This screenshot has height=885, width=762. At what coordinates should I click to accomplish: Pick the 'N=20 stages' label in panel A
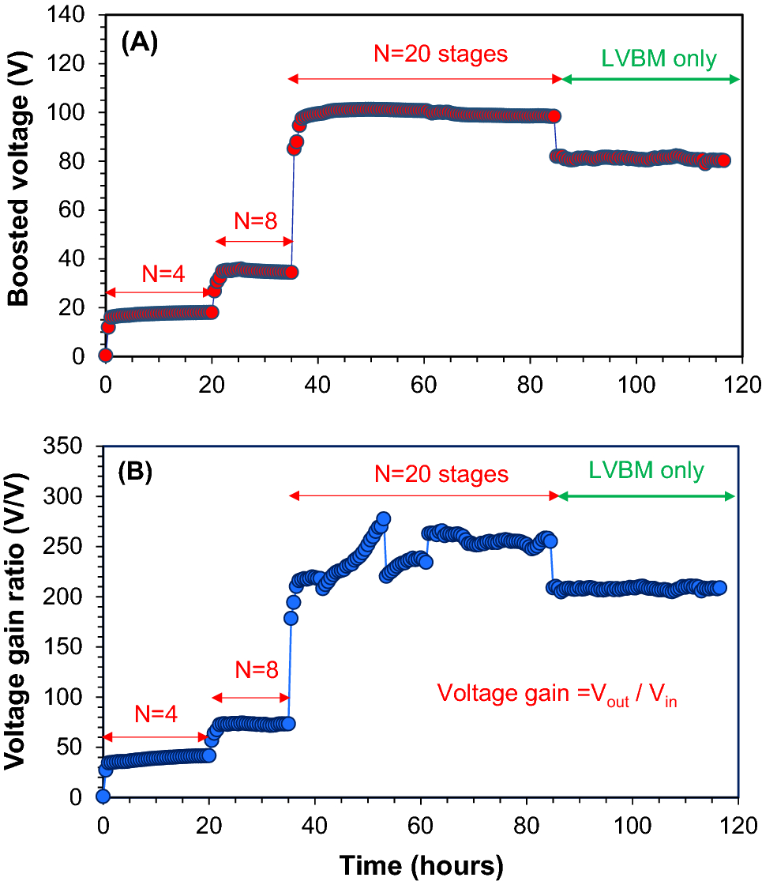click(x=440, y=55)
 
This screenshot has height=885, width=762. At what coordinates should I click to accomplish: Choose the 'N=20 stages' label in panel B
click(x=440, y=474)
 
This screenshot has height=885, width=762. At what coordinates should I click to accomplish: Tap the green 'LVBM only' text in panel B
click(x=646, y=471)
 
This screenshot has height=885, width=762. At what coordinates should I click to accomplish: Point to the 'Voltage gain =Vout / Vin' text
click(x=558, y=696)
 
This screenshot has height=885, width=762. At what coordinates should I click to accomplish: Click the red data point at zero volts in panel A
click(x=105, y=356)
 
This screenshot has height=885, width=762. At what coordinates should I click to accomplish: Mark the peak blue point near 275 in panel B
click(x=384, y=519)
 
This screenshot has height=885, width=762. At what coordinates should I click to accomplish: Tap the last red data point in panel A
click(x=723, y=160)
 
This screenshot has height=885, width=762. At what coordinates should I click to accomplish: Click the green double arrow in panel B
click(x=646, y=495)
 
